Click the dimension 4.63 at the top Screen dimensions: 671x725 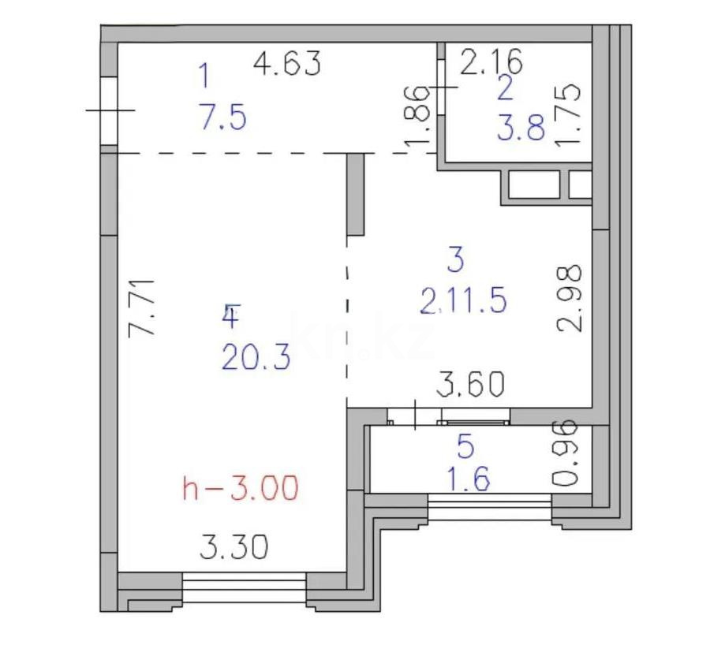(287, 63)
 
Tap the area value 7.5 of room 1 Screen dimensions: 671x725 (222, 118)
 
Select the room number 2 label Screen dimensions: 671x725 (505, 88)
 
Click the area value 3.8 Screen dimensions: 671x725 (521, 126)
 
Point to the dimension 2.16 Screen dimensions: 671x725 (491, 61)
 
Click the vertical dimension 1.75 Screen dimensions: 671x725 (569, 114)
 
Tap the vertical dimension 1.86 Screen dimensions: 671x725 (420, 114)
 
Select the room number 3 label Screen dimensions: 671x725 (455, 259)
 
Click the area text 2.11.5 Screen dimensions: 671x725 (463, 300)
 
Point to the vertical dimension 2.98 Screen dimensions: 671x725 (570, 298)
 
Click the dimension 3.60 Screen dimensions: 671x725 (471, 385)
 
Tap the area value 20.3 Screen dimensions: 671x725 (256, 359)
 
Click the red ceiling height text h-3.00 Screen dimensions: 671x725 (241, 489)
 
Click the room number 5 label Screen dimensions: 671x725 (465, 447)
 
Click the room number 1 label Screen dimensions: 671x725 (204, 77)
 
